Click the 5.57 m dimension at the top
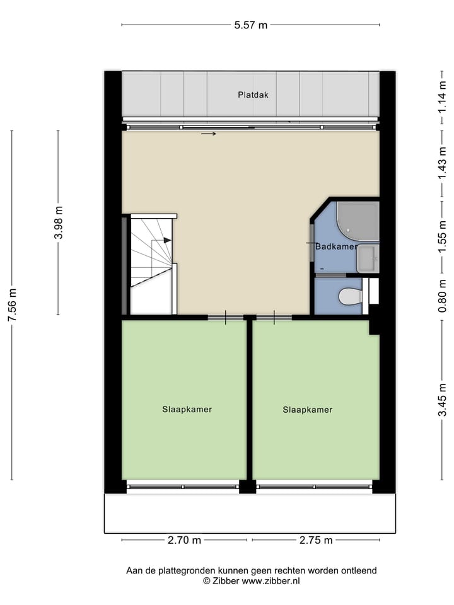[250, 25]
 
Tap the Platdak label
[253, 95]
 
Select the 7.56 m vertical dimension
[11, 304]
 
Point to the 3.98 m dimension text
[58, 222]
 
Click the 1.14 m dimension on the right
[443, 94]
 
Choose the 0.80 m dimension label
[443, 296]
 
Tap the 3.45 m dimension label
[443, 400]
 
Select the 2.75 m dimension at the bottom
[315, 540]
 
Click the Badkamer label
[336, 247]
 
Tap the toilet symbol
[349, 296]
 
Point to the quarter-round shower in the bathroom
[358, 221]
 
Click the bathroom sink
[367, 259]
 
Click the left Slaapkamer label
[187, 409]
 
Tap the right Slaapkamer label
[307, 410]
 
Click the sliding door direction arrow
[209, 134]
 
